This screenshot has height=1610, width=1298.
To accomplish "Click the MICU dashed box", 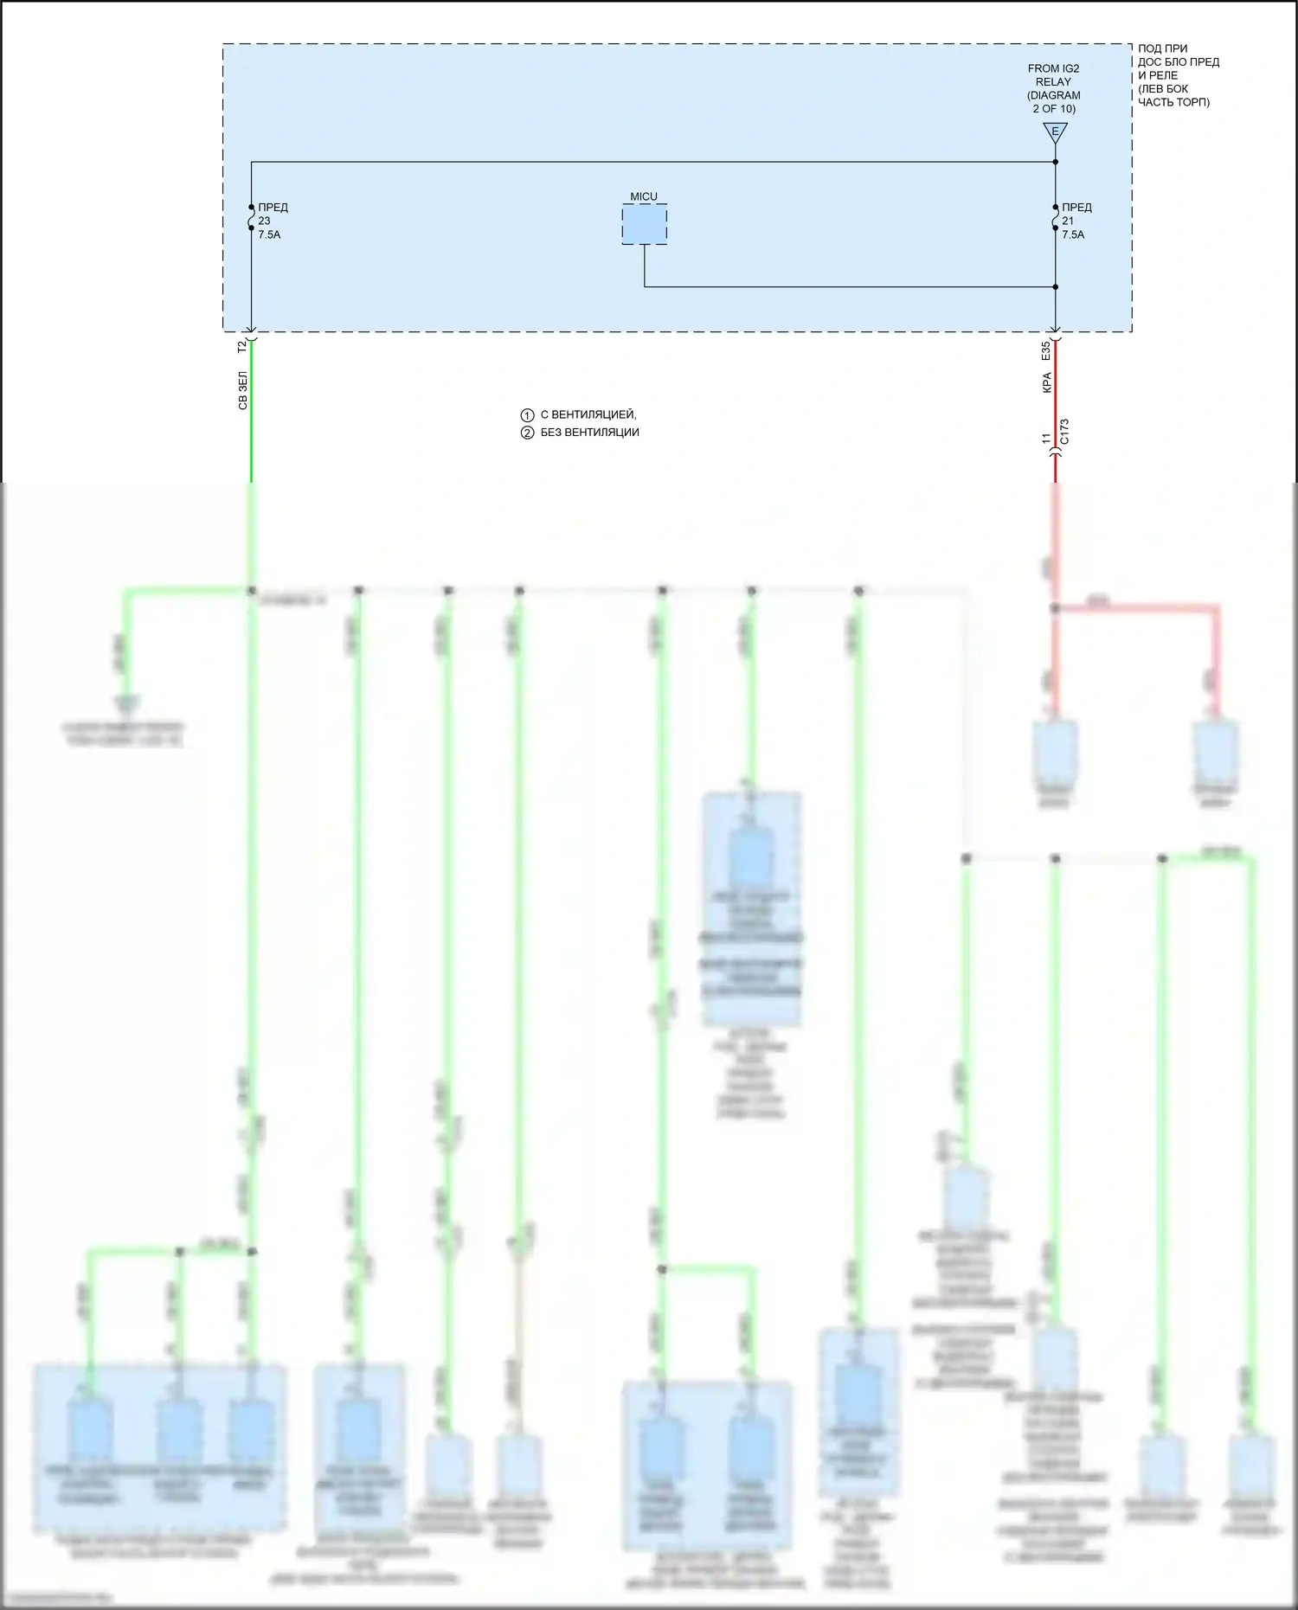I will (644, 224).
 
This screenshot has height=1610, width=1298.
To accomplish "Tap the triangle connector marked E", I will (1055, 132).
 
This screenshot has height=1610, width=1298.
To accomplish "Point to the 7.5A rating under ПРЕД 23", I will (269, 234).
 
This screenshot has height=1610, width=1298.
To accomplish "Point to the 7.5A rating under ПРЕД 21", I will (1073, 234).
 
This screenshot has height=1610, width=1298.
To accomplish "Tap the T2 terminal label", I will (242, 346).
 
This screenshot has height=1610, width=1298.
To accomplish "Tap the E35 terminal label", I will (1046, 350).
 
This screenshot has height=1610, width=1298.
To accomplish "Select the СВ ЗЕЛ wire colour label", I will (242, 391).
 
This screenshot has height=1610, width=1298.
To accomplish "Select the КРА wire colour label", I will (1046, 383).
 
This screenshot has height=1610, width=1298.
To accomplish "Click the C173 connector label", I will (1064, 432).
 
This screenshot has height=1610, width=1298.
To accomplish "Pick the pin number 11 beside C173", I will (1046, 439).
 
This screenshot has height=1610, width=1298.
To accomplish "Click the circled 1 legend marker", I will (527, 415).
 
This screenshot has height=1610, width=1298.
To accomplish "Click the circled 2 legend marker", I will (527, 433).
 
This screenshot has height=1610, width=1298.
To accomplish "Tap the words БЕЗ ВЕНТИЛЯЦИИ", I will (590, 433).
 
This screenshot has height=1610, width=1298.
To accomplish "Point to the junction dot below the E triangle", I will (1056, 162).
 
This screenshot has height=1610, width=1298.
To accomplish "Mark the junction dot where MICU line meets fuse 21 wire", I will (1056, 287).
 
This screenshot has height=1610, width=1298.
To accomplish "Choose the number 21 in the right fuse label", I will (1068, 221).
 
